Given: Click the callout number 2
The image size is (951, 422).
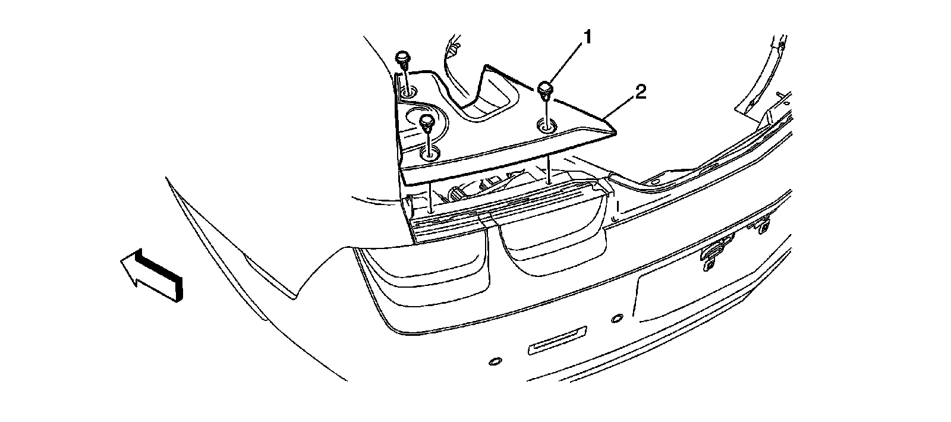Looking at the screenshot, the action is click(x=640, y=92).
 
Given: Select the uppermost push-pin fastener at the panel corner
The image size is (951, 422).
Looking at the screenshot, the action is click(x=402, y=58).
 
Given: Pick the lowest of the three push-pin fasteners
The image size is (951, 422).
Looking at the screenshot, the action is click(x=426, y=122).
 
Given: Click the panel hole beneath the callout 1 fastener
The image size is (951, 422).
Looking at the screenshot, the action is click(x=546, y=125).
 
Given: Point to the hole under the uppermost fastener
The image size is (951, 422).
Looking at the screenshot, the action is click(x=408, y=92).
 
